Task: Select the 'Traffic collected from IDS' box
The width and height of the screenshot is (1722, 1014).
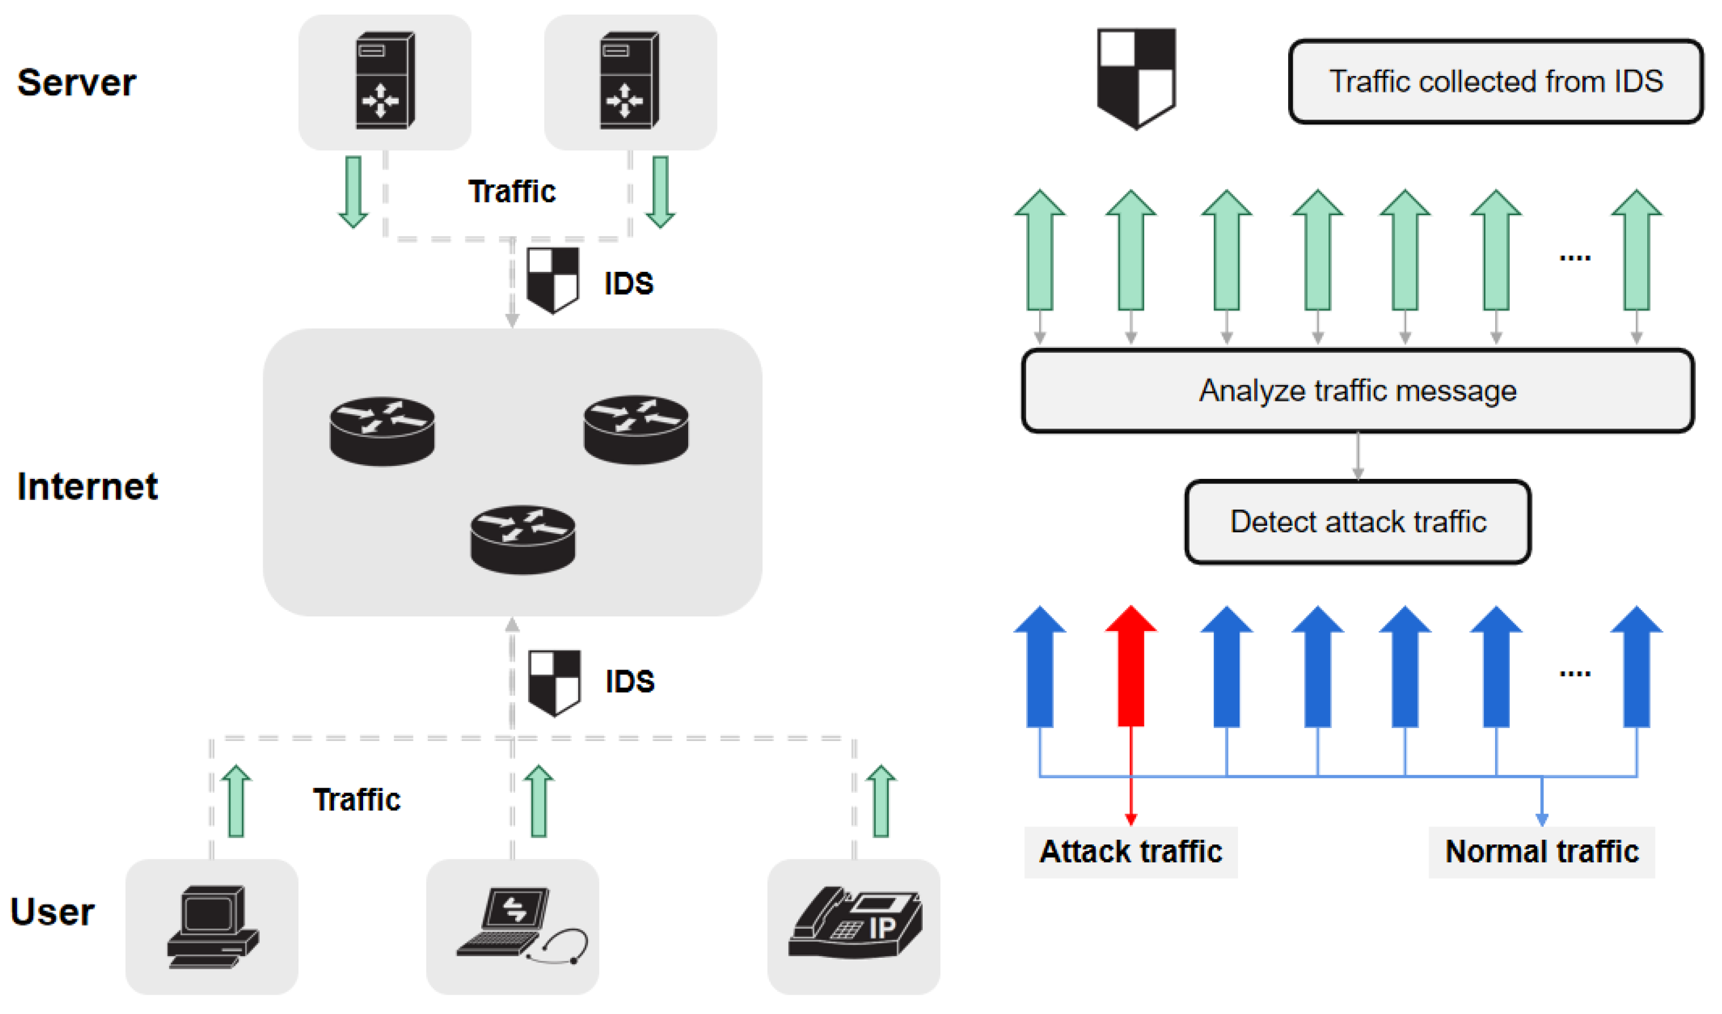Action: point(1495,81)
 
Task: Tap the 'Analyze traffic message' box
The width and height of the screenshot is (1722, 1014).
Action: point(1358,391)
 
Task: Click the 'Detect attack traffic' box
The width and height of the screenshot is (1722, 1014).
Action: point(1358,522)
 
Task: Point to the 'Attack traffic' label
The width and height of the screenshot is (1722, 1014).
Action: point(1130,852)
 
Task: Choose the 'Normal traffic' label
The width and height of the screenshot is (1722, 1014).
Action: point(1541,852)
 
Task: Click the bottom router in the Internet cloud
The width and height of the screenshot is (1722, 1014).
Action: point(523,540)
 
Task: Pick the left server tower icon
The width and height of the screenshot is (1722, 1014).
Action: point(385,80)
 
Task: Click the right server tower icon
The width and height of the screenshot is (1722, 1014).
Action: point(629,80)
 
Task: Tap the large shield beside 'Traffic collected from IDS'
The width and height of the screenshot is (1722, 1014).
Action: point(1136,77)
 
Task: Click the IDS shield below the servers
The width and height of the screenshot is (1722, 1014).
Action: point(553,280)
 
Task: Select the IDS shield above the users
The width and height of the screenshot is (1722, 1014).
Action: point(554,682)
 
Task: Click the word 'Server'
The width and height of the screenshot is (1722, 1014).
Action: point(77,82)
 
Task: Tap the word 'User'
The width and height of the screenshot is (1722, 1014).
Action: point(53,912)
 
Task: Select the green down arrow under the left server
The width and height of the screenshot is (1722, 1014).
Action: point(353,192)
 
